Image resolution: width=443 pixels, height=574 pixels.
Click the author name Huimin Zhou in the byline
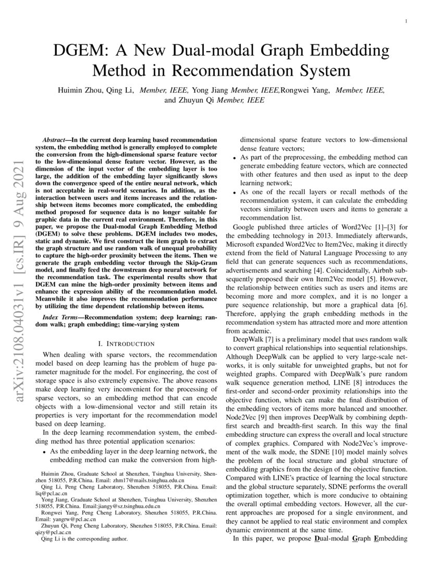click(79, 90)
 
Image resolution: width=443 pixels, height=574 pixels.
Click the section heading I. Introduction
click(126, 343)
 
